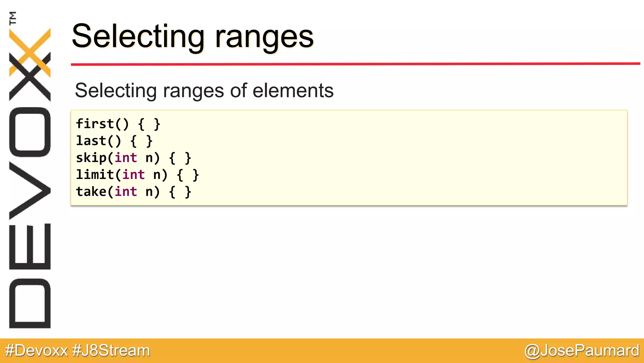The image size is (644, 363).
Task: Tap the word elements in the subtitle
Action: (x=293, y=91)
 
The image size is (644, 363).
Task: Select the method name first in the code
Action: (x=95, y=124)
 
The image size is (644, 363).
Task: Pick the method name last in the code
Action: (x=91, y=141)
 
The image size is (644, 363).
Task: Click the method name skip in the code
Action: (x=91, y=158)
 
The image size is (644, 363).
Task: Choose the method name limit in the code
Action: (x=95, y=175)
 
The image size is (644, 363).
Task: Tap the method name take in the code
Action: (x=91, y=192)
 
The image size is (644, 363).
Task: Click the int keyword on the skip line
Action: (x=126, y=158)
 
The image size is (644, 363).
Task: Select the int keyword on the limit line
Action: (x=134, y=175)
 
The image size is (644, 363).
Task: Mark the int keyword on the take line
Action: (x=126, y=192)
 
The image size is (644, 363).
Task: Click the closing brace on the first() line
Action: (x=157, y=124)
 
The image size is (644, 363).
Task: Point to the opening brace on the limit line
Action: (x=180, y=175)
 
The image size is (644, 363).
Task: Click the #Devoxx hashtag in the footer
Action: (x=36, y=350)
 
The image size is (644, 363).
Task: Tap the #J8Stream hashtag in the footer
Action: (x=111, y=350)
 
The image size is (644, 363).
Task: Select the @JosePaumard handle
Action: (x=582, y=350)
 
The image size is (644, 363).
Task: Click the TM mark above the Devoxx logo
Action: (x=13, y=18)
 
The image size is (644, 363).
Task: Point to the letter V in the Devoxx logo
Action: (x=30, y=191)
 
